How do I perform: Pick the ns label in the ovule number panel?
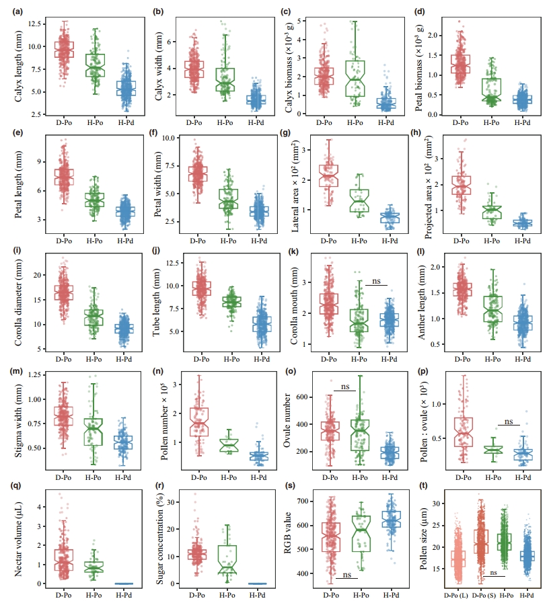point(344,387)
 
